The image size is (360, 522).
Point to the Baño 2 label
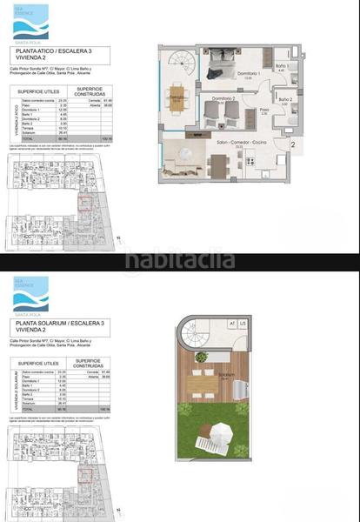(x=285, y=100)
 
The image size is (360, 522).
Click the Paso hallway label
(x=264, y=110)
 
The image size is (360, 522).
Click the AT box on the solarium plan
(x=232, y=325)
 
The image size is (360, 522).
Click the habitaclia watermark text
(x=179, y=258)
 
